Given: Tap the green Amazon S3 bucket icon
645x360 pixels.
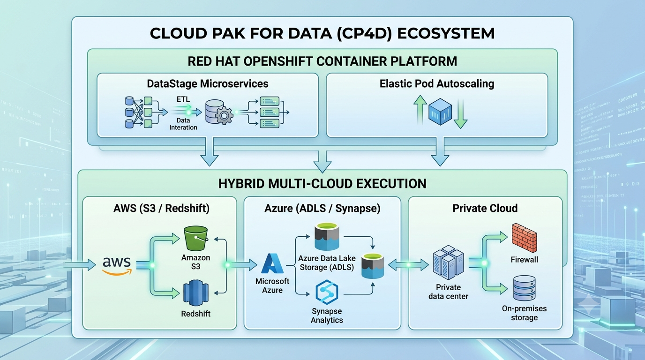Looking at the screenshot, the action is (196, 238).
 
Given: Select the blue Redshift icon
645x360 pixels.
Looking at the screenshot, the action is (196, 293).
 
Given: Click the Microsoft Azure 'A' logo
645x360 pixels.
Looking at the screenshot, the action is (272, 263).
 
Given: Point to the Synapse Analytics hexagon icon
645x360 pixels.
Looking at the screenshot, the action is (327, 292).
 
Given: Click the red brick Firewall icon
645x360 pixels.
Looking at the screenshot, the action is (525, 238).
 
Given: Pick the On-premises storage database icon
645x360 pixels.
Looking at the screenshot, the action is (525, 288).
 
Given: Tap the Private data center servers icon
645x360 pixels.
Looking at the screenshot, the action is (448, 262).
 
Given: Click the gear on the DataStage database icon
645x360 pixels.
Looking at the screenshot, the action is (224, 116).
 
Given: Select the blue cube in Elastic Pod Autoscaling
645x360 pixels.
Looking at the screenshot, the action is (440, 112).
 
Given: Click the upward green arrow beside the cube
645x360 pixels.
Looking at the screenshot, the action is (420, 110).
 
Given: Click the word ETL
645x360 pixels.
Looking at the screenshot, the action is (183, 99).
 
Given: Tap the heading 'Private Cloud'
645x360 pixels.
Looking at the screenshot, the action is (485, 208).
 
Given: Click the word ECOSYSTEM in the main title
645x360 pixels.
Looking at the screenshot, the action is (446, 33).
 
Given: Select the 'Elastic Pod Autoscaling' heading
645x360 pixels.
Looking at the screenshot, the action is (437, 84).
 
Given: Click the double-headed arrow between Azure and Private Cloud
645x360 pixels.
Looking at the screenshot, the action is (408, 265).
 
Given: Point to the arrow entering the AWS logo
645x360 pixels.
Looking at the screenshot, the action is (80, 265).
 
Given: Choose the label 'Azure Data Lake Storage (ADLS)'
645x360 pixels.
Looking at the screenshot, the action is (327, 262).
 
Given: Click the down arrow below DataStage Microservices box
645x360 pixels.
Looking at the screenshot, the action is (210, 152).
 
